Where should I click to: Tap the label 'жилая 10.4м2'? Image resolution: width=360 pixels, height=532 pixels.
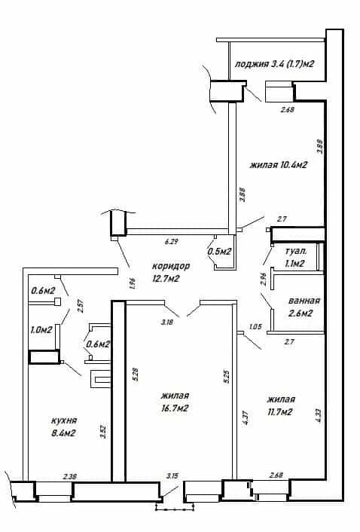(279, 165)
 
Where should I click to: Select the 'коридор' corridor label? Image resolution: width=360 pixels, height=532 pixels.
(170, 266)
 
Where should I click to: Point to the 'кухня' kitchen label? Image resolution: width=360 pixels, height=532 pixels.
(64, 420)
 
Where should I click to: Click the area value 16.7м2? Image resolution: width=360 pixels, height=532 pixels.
(175, 408)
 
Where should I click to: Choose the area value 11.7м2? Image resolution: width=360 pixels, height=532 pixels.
(279, 412)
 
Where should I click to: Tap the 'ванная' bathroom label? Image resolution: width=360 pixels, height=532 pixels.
(304, 301)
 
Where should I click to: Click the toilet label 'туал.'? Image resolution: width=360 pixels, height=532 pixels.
(296, 252)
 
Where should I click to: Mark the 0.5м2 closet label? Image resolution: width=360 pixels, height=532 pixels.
(219, 252)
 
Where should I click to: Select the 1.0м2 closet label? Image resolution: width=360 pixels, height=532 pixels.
(41, 330)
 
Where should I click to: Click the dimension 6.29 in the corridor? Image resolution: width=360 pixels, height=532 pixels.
(172, 242)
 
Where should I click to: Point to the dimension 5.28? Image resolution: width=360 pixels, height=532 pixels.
(136, 375)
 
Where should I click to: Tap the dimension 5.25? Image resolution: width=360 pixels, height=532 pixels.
(227, 377)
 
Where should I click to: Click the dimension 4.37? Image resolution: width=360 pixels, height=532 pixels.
(246, 418)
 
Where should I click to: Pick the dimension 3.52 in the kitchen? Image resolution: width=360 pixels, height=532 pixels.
(103, 432)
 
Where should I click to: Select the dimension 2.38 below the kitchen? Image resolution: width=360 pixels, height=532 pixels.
(70, 477)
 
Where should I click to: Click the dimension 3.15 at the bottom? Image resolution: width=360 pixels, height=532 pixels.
(172, 476)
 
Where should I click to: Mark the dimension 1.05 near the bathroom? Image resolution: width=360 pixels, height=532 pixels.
(255, 327)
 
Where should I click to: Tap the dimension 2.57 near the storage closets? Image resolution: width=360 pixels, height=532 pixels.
(81, 305)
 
